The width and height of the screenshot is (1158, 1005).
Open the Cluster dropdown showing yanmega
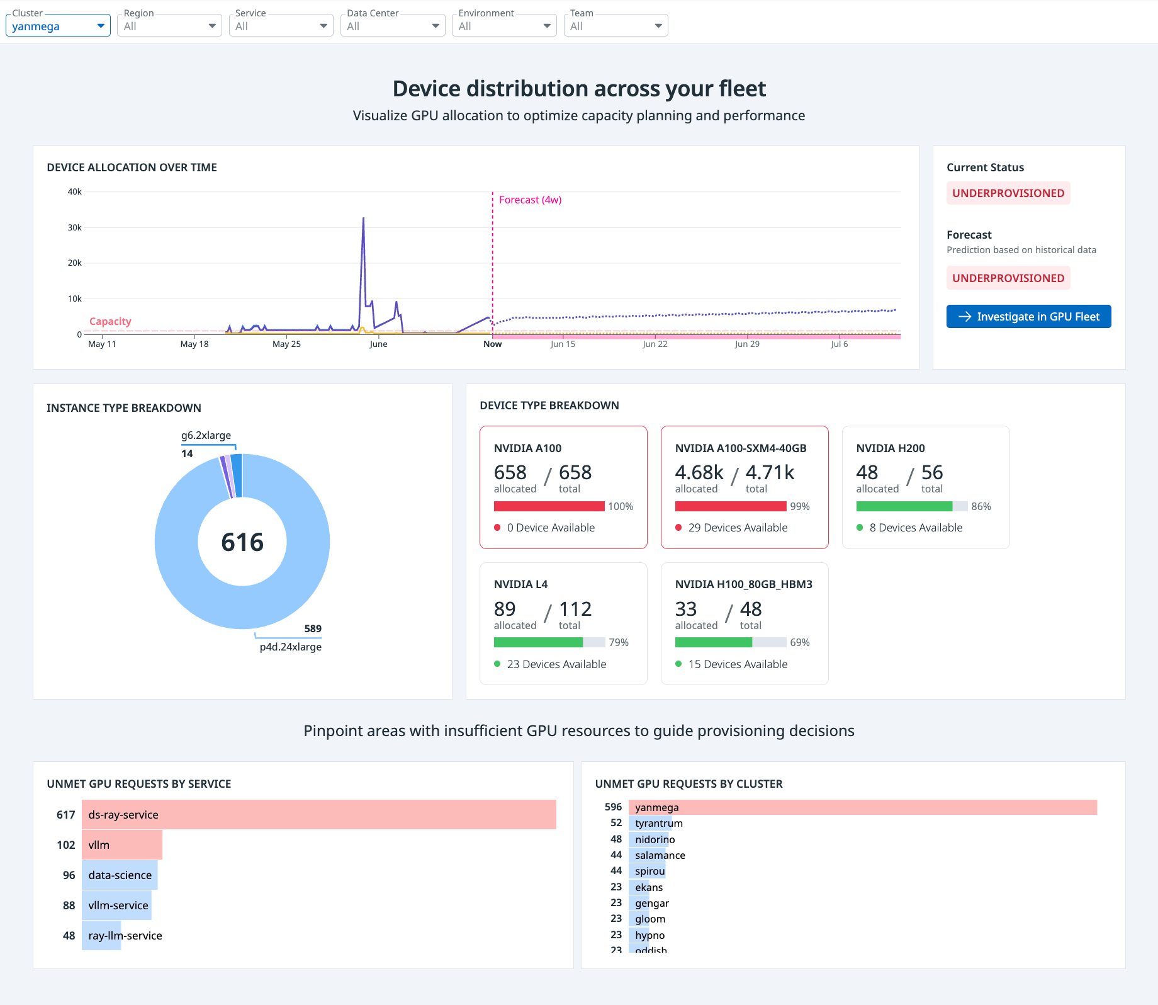pos(58,26)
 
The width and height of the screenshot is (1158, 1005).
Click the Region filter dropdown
pos(169,26)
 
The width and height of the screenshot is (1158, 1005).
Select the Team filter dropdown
pos(616,26)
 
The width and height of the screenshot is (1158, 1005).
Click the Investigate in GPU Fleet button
pos(1028,317)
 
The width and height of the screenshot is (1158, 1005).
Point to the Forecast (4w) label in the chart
pos(530,200)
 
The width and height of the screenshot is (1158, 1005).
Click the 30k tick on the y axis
pos(74,227)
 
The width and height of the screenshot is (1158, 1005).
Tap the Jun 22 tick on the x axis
pos(655,344)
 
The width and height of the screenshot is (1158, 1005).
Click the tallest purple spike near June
pos(363,220)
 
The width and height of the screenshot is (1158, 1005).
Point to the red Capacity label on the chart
pos(110,321)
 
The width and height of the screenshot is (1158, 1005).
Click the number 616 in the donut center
pos(242,542)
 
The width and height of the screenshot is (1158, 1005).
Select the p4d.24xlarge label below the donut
pos(290,647)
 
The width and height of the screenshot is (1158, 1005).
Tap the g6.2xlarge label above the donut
pos(206,435)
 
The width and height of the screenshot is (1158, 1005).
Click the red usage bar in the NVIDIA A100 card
pos(549,506)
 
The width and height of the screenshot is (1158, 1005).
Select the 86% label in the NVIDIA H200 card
pos(981,506)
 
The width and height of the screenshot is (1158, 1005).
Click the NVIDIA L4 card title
pos(520,584)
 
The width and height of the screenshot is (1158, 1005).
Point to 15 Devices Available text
pos(738,664)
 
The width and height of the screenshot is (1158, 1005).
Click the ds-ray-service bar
pos(318,815)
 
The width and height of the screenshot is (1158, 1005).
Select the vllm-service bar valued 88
pos(117,906)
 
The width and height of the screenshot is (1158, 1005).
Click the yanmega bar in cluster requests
pos(862,807)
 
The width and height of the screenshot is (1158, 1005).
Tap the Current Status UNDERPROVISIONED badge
pos(1008,193)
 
